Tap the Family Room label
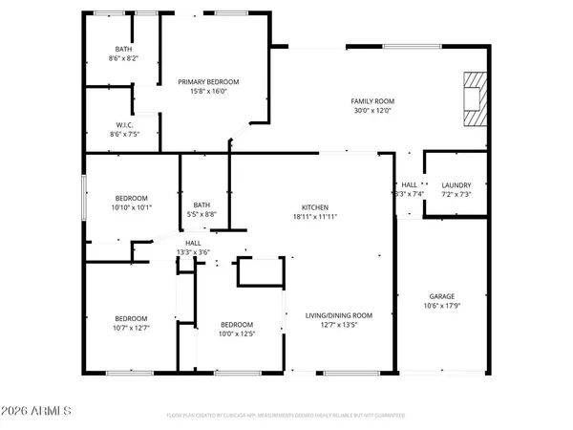point(372,101)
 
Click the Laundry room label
point(455,184)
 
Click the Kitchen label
point(315,207)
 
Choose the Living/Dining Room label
point(338,314)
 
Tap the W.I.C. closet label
point(124,125)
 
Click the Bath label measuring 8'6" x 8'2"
point(123,49)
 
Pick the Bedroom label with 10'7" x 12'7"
point(132,318)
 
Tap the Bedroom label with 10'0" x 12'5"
point(236,323)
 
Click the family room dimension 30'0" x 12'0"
point(372,111)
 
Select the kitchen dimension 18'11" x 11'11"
point(315,217)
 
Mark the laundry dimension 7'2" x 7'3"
point(455,194)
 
